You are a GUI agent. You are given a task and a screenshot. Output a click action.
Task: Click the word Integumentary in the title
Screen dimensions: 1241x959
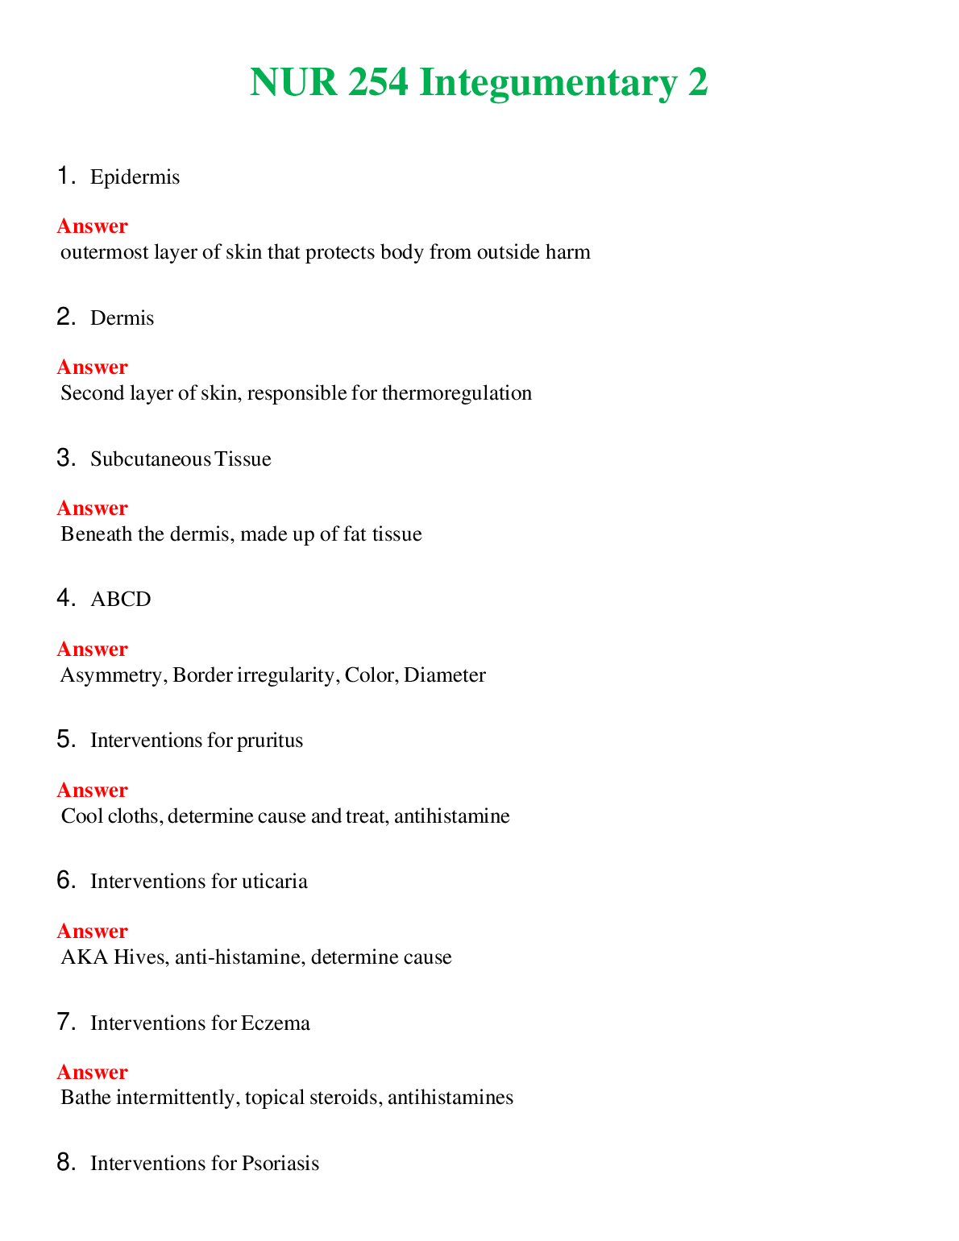(x=547, y=83)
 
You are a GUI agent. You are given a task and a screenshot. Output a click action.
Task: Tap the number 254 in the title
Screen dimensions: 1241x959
(x=378, y=83)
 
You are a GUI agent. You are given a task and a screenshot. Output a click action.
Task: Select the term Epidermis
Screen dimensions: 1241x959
(x=135, y=177)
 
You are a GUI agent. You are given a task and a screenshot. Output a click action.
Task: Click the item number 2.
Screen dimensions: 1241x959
(x=65, y=318)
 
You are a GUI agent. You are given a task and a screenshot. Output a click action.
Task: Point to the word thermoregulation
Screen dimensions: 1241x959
(x=456, y=393)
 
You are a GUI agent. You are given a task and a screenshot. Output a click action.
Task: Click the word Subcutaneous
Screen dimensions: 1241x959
(x=151, y=459)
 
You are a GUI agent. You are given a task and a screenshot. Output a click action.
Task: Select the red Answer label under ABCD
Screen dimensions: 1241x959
(x=92, y=649)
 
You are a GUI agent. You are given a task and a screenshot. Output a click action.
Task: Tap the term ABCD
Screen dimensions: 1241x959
(x=120, y=600)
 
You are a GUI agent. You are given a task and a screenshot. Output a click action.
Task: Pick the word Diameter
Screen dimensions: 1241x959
(x=445, y=675)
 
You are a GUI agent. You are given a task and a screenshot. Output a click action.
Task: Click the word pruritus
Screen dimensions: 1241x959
(x=270, y=741)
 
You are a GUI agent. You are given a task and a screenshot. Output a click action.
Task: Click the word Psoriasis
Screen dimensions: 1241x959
(x=280, y=1164)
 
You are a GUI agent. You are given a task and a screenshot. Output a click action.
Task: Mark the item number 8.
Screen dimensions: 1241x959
(x=65, y=1163)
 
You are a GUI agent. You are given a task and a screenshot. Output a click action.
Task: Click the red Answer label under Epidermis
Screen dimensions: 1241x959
(x=92, y=226)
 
